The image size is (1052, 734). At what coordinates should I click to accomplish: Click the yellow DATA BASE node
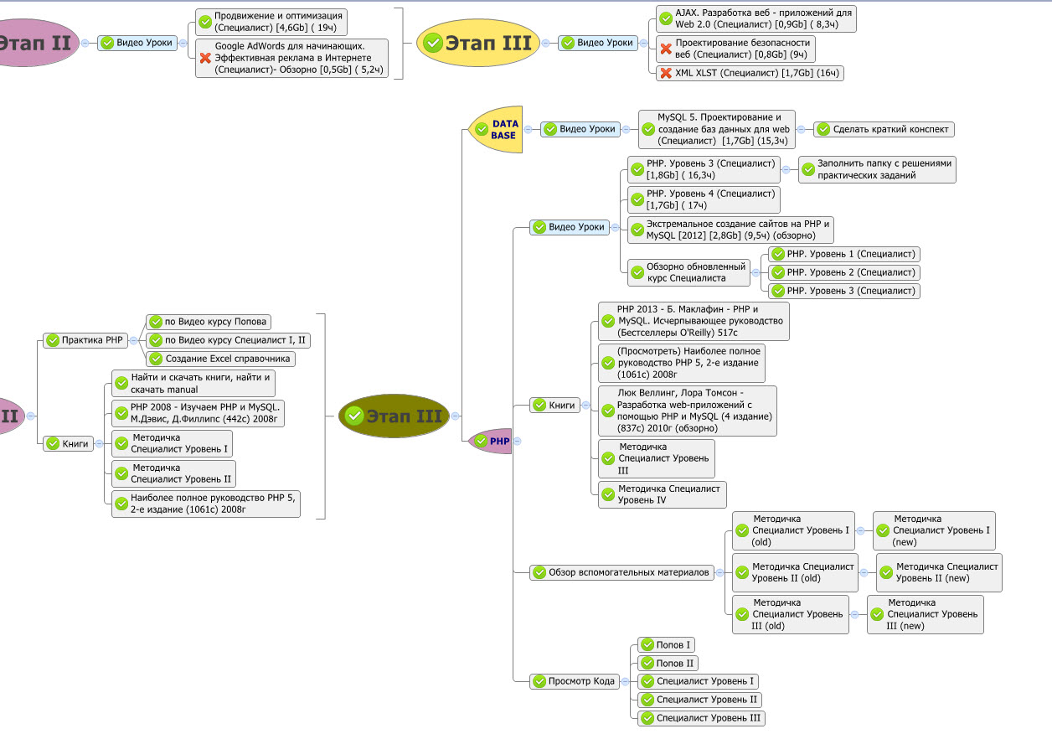(x=496, y=129)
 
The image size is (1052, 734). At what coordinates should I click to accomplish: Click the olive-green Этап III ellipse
(x=394, y=416)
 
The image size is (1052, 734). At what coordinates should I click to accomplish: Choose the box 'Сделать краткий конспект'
(x=884, y=129)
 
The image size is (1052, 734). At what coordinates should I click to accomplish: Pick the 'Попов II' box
(x=668, y=663)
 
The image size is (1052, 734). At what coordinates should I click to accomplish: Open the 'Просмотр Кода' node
(x=574, y=681)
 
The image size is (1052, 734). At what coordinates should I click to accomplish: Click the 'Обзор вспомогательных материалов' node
(x=621, y=573)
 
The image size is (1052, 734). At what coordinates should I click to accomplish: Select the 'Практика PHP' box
(x=85, y=340)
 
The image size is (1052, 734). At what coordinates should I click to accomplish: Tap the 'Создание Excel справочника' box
(x=220, y=359)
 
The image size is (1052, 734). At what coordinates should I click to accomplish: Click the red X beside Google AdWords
(x=205, y=58)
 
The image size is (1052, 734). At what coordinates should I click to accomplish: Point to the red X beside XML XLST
(x=666, y=73)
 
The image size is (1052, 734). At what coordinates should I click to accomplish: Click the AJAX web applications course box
(x=755, y=19)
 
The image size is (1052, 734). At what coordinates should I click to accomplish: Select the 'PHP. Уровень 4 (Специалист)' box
(x=704, y=199)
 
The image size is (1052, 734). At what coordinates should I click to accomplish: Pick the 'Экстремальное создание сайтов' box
(x=730, y=230)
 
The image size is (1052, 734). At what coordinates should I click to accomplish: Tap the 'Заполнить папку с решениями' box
(x=877, y=169)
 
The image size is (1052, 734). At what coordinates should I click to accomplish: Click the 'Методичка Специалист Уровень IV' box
(x=662, y=494)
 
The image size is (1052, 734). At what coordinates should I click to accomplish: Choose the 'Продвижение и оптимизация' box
(x=270, y=21)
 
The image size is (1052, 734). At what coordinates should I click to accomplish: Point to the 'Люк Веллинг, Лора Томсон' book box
(x=687, y=411)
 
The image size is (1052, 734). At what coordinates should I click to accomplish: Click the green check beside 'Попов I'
(x=647, y=644)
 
